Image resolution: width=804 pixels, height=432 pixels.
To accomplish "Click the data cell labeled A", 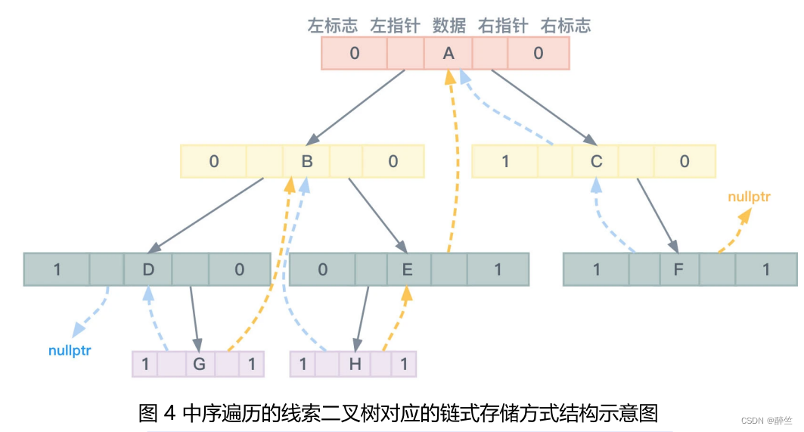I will pyautogui.click(x=448, y=54).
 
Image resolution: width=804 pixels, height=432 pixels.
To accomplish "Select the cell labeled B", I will pyautogui.click(x=307, y=161).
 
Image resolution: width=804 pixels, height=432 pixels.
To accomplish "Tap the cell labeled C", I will pyautogui.click(x=596, y=161).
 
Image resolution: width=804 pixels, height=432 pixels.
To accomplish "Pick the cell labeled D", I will pyautogui.click(x=147, y=269).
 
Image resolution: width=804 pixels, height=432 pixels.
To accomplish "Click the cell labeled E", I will pyautogui.click(x=407, y=269).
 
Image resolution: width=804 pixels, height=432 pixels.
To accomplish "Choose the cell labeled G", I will pyautogui.click(x=199, y=364).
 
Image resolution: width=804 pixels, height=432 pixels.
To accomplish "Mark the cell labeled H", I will pyautogui.click(x=355, y=364).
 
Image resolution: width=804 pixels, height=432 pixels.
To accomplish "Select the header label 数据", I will pyautogui.click(x=449, y=26).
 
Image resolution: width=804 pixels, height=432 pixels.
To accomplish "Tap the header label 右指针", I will pyautogui.click(x=502, y=26).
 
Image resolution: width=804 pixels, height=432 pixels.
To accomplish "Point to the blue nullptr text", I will pyautogui.click(x=70, y=351).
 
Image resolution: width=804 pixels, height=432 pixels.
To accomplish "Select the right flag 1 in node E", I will pyautogui.click(x=498, y=269).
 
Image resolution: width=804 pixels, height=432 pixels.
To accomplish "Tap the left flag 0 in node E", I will pyautogui.click(x=322, y=269).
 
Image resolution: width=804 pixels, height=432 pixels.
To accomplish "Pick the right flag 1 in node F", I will pyautogui.click(x=766, y=269).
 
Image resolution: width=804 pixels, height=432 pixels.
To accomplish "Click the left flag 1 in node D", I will pyautogui.click(x=57, y=269).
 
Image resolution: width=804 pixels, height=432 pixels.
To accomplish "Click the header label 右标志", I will pyautogui.click(x=565, y=26).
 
